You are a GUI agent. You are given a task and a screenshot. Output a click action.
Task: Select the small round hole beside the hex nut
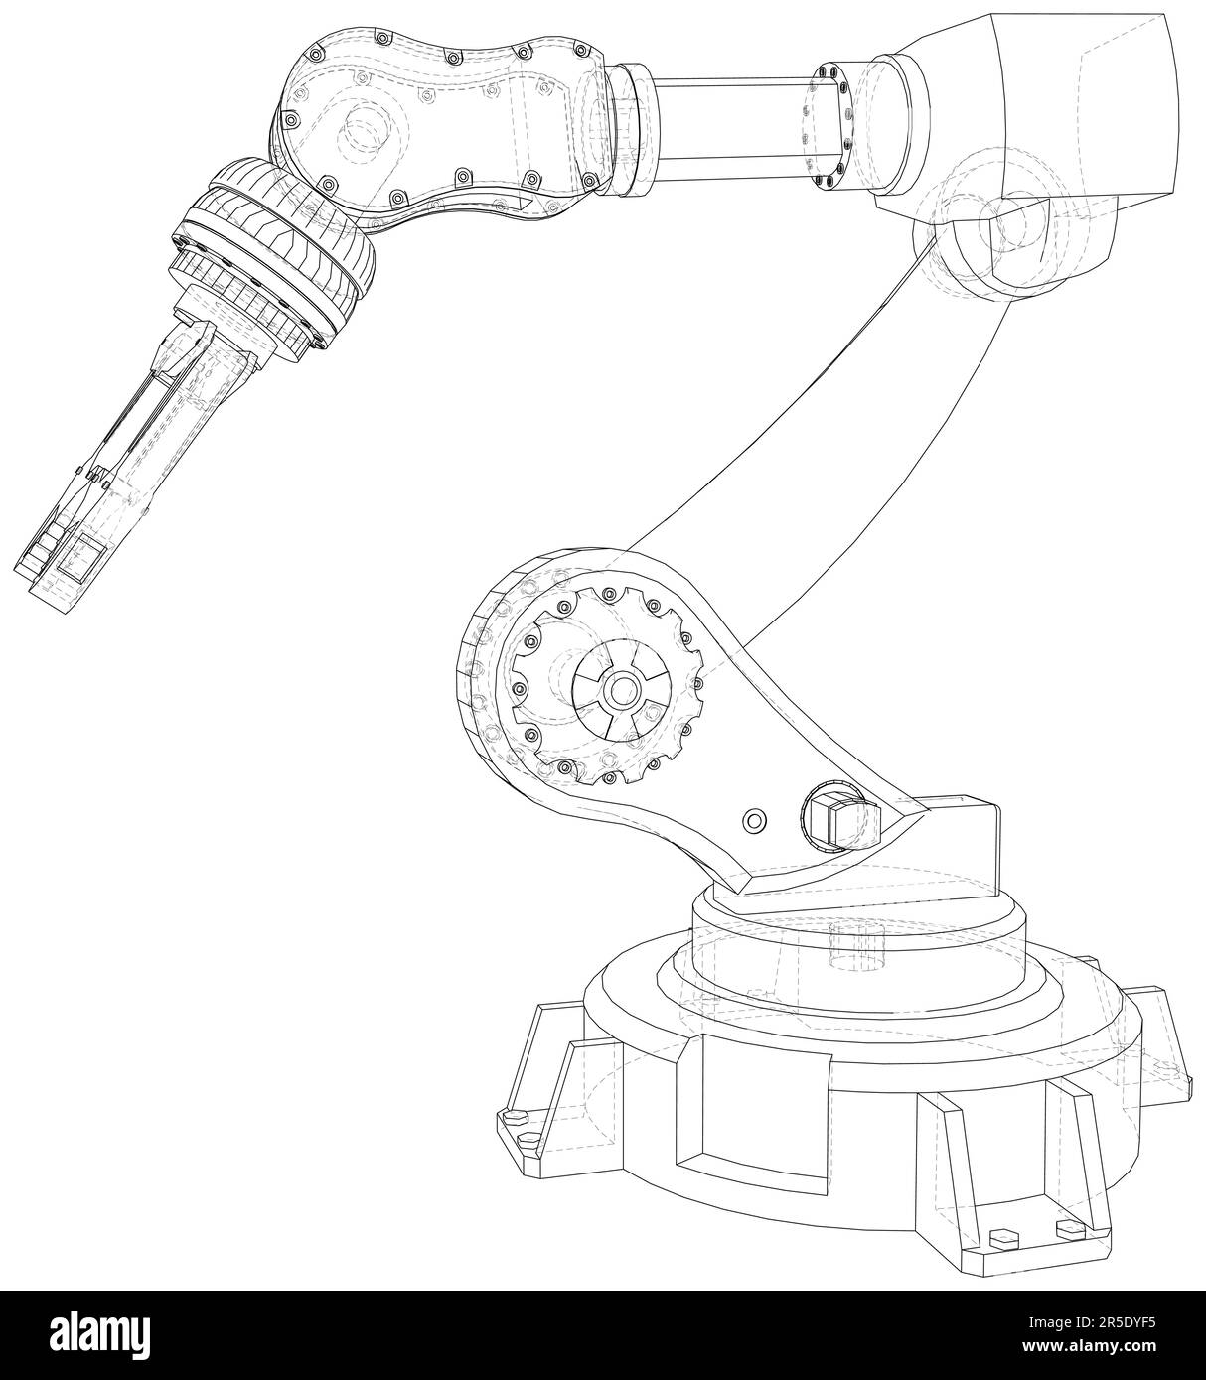(755, 820)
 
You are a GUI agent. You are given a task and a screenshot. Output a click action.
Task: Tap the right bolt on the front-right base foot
(1070, 1229)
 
